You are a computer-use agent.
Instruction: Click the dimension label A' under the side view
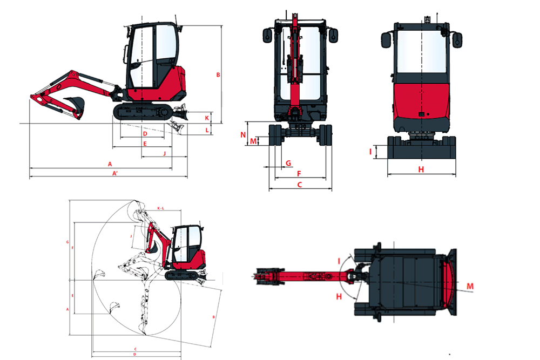[115, 173]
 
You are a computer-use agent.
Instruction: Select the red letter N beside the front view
[244, 134]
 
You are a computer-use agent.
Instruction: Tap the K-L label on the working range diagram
[160, 208]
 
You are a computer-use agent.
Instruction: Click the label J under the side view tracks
[164, 154]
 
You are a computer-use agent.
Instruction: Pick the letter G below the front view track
[288, 162]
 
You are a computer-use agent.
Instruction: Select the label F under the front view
[299, 173]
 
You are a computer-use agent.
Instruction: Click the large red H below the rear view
[422, 169]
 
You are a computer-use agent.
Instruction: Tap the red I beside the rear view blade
[371, 152]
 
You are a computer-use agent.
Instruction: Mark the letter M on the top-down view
[470, 286]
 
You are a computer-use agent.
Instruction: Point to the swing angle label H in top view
[339, 296]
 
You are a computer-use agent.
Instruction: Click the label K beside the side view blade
[207, 117]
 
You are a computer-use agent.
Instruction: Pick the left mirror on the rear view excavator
[386, 40]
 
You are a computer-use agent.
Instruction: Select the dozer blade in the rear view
[421, 148]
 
